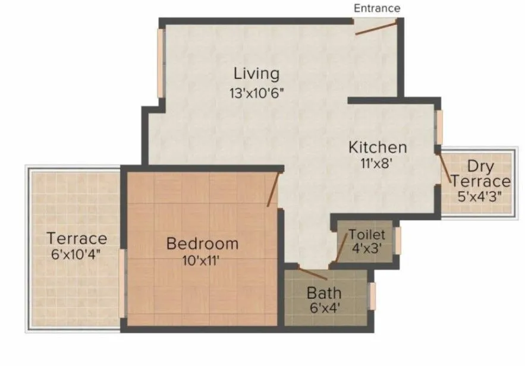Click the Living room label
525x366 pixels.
[256, 74]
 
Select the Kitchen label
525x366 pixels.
[378, 147]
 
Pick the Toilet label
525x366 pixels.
[367, 234]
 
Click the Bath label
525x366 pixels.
[324, 293]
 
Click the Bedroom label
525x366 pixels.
[202, 243]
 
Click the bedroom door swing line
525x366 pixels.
[273, 190]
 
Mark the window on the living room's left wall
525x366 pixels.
[160, 62]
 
